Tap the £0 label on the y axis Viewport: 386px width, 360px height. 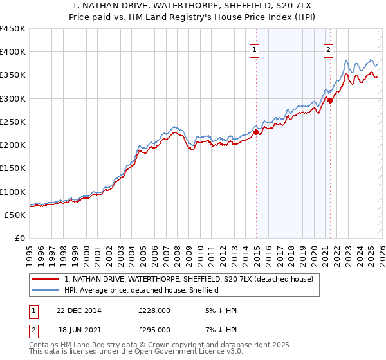[19, 239]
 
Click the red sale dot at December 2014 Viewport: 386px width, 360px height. [256, 132]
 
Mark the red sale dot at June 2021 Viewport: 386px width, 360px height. [330, 100]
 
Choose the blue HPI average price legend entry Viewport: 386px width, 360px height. [142, 290]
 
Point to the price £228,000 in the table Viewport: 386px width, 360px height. [154, 310]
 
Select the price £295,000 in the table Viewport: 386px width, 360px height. [154, 329]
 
